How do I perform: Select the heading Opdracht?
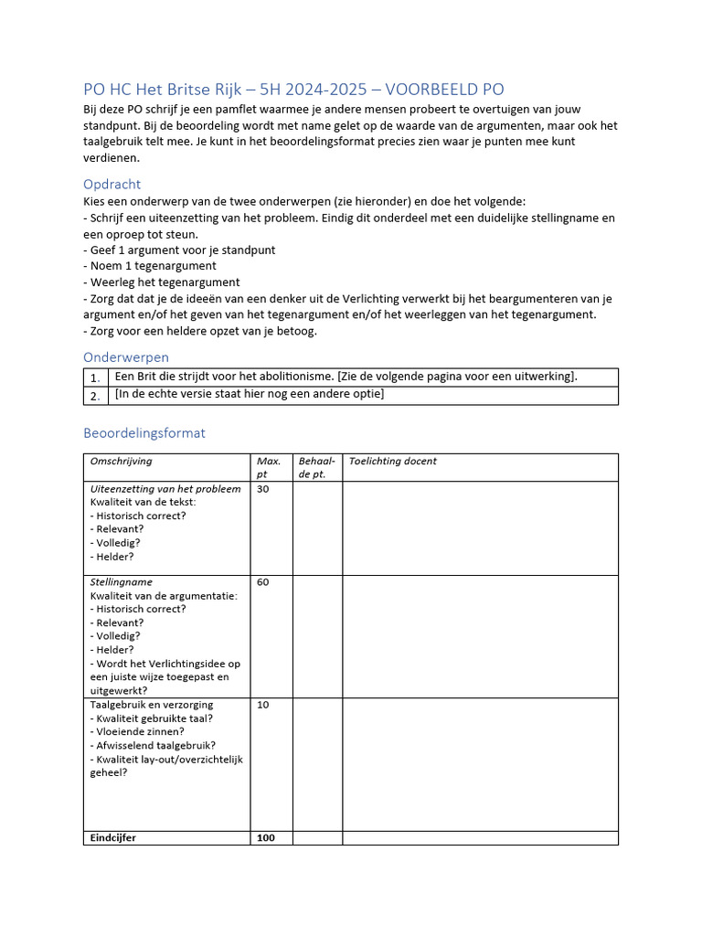112,184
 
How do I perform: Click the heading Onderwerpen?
126,356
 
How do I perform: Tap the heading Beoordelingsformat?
144,432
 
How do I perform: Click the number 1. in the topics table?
95,378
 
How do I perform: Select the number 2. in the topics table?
95,396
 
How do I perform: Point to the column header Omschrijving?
121,462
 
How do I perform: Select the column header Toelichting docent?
393,462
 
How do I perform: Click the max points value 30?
263,489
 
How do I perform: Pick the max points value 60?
263,582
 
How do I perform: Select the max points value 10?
263,705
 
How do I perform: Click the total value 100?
266,838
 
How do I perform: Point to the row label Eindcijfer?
113,838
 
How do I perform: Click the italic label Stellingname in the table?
121,582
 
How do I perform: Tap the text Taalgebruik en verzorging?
152,705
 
